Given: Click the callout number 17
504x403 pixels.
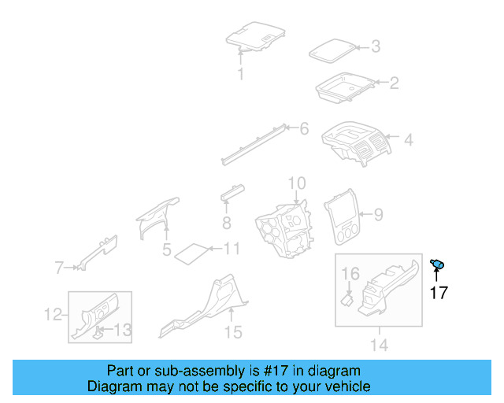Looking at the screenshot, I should [x=439, y=293].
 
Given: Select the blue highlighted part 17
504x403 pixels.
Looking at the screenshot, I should [x=438, y=265].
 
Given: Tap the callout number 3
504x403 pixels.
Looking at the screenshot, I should [x=376, y=46].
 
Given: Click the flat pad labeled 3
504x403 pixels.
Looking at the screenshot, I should [x=330, y=50].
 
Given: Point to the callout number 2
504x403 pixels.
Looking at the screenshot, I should [x=395, y=82].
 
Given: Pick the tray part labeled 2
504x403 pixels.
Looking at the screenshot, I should [x=344, y=88].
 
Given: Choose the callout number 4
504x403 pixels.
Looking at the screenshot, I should [x=409, y=141].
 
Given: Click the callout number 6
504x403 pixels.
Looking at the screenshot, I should [x=304, y=128].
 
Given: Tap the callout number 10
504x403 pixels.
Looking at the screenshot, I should [x=296, y=183].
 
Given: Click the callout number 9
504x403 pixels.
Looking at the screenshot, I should [x=378, y=213].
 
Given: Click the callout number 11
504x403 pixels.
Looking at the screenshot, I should [x=231, y=249].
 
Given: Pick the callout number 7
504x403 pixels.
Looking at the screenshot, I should [x=58, y=268].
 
